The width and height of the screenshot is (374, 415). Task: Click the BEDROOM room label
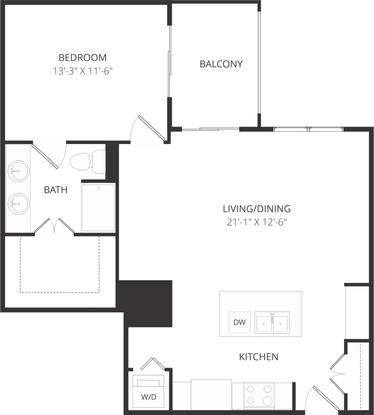tap(82, 58)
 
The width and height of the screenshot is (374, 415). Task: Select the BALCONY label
tap(221, 64)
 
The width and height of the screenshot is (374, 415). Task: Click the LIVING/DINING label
tap(256, 209)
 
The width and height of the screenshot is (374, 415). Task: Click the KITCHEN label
tap(258, 357)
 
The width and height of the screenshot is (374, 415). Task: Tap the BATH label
tap(56, 190)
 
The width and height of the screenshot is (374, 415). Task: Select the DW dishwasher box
tap(239, 323)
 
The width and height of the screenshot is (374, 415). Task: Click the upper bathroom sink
tap(19, 171)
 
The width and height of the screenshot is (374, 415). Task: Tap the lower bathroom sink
tap(19, 204)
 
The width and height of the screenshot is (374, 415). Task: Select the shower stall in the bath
tap(98, 207)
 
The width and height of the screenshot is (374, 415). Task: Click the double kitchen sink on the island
tap(272, 323)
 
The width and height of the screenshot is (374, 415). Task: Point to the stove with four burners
tap(258, 395)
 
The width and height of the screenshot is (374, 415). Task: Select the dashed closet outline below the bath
tap(60, 264)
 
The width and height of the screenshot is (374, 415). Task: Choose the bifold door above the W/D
tap(152, 363)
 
